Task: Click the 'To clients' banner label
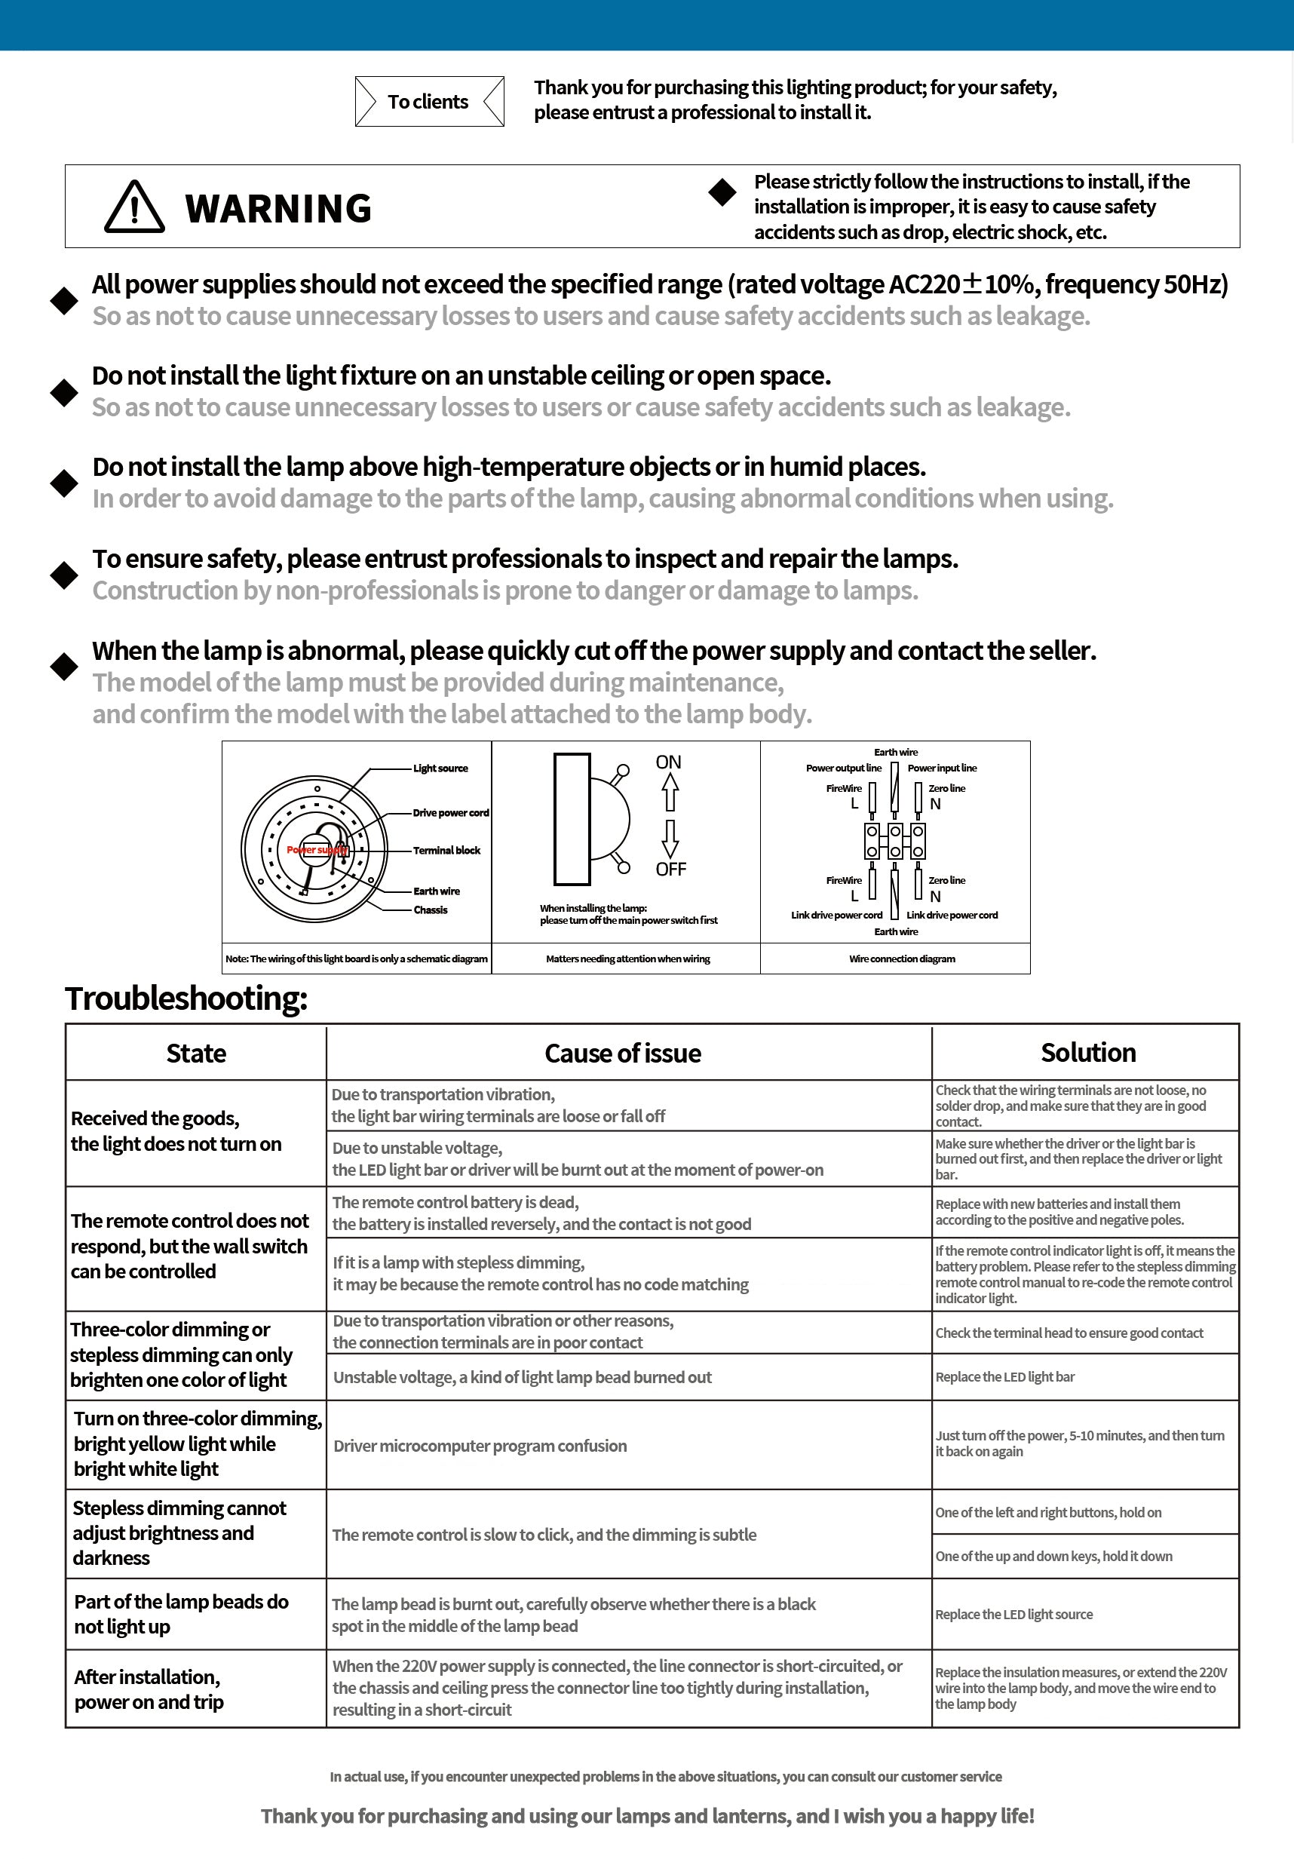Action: click(428, 102)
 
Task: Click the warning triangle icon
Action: click(134, 207)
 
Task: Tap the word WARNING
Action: click(278, 209)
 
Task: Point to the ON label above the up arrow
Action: click(668, 762)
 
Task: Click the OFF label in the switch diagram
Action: click(670, 869)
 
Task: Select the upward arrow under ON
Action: click(669, 792)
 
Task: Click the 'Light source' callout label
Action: click(440, 768)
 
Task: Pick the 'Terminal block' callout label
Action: click(446, 850)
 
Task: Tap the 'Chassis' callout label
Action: click(430, 910)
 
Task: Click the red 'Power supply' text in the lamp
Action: click(317, 850)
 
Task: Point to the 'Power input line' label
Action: click(942, 768)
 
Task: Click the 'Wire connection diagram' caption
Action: click(902, 959)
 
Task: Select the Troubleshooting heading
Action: click(186, 999)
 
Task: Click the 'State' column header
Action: click(196, 1054)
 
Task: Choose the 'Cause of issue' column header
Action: click(623, 1054)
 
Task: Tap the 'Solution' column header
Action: click(1088, 1053)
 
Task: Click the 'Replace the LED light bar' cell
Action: click(1005, 1377)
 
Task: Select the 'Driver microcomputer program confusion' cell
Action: click(480, 1446)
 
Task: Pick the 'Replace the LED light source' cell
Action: click(1013, 1615)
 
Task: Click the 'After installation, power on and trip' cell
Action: click(149, 1689)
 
